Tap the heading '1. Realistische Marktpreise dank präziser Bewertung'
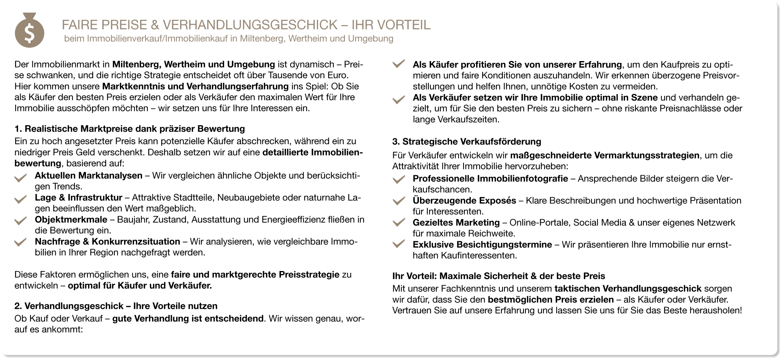pyautogui.click(x=129, y=128)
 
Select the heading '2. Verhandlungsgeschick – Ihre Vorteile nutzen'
pyautogui.click(x=116, y=306)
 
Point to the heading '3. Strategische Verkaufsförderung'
pyautogui.click(x=467, y=142)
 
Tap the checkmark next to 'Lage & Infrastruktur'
pyautogui.click(x=20, y=199)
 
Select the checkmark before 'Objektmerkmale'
pyautogui.click(x=20, y=221)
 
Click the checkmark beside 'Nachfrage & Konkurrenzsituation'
pyautogui.click(x=20, y=243)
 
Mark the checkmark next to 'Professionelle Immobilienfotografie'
pyautogui.click(x=398, y=179)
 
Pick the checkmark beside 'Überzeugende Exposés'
pyautogui.click(x=398, y=201)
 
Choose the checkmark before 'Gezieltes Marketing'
pyautogui.click(x=398, y=223)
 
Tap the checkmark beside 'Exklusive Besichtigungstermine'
pyautogui.click(x=398, y=245)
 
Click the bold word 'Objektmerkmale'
pyautogui.click(x=71, y=220)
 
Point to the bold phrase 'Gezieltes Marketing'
pyautogui.click(x=456, y=222)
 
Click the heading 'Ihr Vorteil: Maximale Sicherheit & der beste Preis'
pyautogui.click(x=499, y=276)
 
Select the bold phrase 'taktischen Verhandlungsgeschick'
pyautogui.click(x=628, y=288)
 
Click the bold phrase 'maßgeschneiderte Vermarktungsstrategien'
pyautogui.click(x=605, y=155)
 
